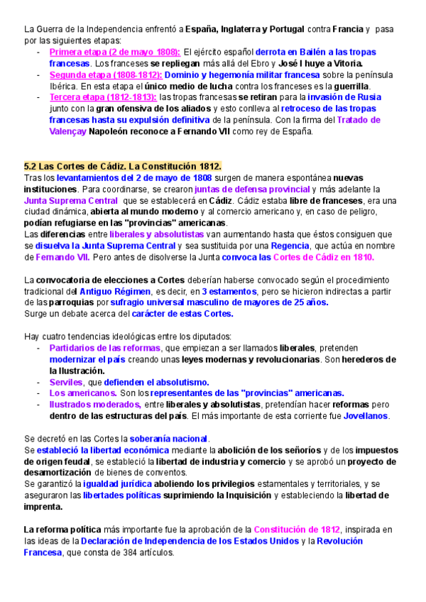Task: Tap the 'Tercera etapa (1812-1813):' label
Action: coord(103,97)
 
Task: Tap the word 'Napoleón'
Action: coord(111,131)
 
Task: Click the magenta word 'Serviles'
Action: coord(66,382)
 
